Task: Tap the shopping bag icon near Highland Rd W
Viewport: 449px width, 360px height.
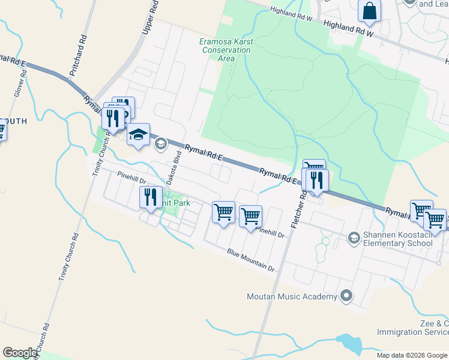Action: click(x=369, y=11)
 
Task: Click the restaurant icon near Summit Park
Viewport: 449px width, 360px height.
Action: click(x=150, y=196)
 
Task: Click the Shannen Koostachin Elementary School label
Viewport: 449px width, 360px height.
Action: click(x=398, y=239)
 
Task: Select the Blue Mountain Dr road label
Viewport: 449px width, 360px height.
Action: click(x=250, y=260)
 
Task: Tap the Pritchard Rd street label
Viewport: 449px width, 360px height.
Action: click(x=77, y=58)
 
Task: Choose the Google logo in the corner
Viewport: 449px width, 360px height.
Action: click(x=20, y=353)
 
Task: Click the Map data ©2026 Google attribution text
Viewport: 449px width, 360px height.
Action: click(x=412, y=355)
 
